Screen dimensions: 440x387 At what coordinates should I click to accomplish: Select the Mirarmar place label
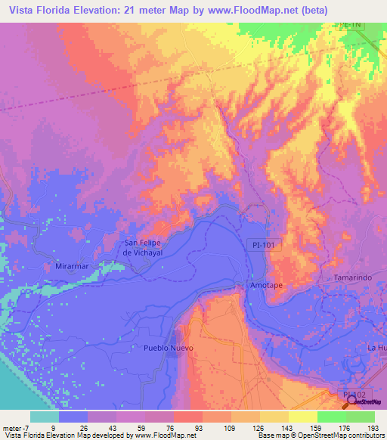[73, 267]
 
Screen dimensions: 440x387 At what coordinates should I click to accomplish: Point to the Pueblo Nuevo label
[169, 348]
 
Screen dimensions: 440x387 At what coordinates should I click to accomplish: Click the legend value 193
[374, 427]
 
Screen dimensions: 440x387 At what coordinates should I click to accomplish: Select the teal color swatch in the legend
[45, 417]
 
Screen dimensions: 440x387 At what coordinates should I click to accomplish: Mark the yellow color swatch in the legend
[302, 417]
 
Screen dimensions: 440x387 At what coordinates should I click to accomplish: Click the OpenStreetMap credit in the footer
[349, 435]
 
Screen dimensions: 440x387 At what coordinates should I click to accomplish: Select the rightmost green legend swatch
[360, 417]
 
